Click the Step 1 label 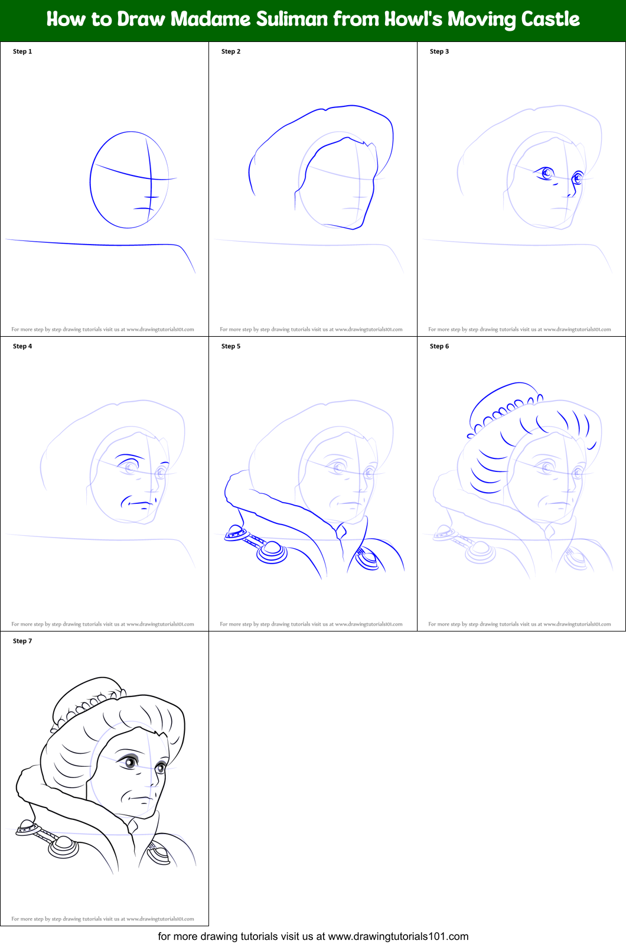[x=22, y=51]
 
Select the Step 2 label [x=231, y=51]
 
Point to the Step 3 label [x=439, y=51]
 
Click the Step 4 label [x=22, y=346]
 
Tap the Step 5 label [x=231, y=346]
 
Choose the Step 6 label [x=439, y=346]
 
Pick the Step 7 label [x=22, y=641]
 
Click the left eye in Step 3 [x=547, y=173]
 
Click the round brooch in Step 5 [x=272, y=551]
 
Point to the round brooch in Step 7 [x=64, y=846]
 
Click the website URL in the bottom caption [x=398, y=936]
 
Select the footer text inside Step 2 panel [x=311, y=329]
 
